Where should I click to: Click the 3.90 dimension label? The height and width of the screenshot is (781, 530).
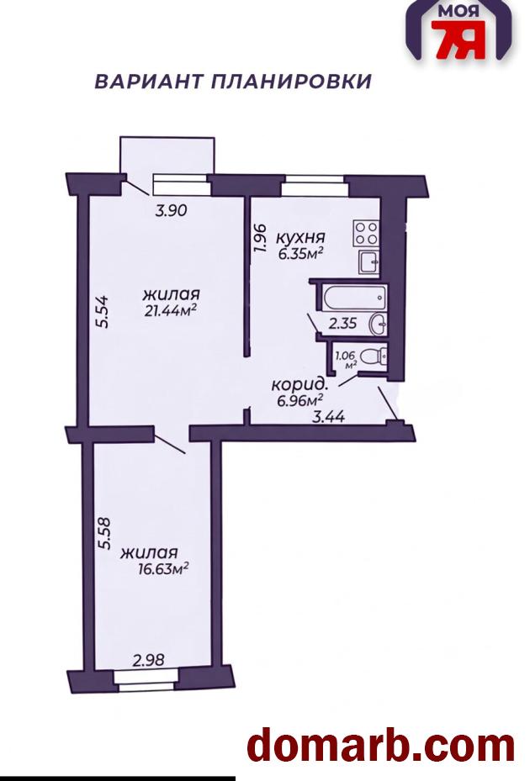[x=171, y=211]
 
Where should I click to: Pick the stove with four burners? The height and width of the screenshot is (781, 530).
[x=367, y=233]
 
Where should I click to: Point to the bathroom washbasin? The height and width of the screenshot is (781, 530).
[x=379, y=325]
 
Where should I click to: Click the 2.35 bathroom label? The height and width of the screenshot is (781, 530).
[x=342, y=324]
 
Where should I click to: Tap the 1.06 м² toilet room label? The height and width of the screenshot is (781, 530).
[x=346, y=360]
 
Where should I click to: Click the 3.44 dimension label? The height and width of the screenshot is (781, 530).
[x=328, y=416]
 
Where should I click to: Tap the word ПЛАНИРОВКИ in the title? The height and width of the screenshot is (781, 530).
[x=292, y=82]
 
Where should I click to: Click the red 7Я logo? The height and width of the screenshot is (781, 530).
[x=458, y=40]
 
